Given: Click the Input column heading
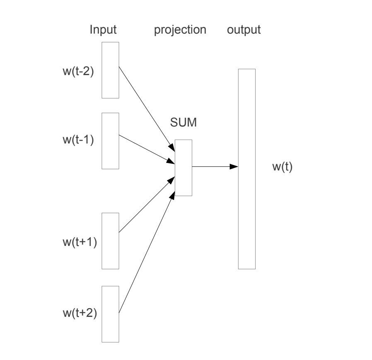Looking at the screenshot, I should tap(104, 30).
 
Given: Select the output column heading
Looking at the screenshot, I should tap(244, 30).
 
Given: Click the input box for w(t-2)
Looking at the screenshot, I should tap(110, 70).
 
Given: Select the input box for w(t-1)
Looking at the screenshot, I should tap(110, 141).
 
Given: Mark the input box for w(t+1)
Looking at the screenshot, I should tap(110, 241).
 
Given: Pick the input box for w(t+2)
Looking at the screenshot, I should tap(110, 314).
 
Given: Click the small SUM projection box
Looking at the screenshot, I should tap(183, 168).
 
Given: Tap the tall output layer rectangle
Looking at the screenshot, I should tap(246, 169).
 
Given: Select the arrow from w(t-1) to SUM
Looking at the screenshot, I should tap(145, 147).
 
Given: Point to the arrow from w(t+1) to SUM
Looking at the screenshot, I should tap(145, 205).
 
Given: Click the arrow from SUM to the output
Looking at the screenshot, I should tap(215, 167).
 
